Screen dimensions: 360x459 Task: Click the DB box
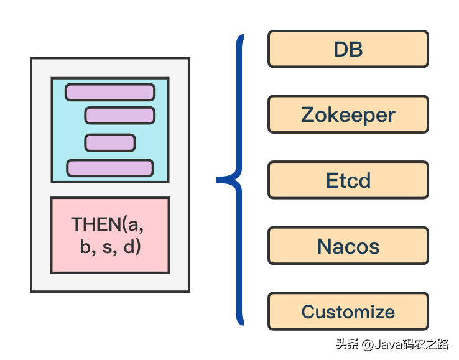click(348, 49)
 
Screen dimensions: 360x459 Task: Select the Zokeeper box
click(348, 114)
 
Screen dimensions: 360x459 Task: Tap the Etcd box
click(348, 180)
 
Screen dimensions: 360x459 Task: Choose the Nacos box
click(348, 246)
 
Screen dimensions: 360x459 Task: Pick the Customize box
click(348, 312)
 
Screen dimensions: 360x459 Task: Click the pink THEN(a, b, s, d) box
click(110, 235)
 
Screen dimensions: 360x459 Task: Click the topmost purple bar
click(109, 92)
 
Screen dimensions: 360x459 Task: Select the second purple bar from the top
click(119, 116)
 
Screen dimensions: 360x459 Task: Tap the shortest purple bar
click(110, 143)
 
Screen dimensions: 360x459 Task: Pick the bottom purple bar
click(110, 168)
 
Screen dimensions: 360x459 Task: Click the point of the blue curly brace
click(220, 180)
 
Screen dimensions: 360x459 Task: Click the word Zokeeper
click(348, 115)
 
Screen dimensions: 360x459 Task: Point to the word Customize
click(348, 312)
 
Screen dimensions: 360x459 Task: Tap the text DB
click(348, 50)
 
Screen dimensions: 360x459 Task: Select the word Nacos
click(348, 247)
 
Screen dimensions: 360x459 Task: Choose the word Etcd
click(348, 181)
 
